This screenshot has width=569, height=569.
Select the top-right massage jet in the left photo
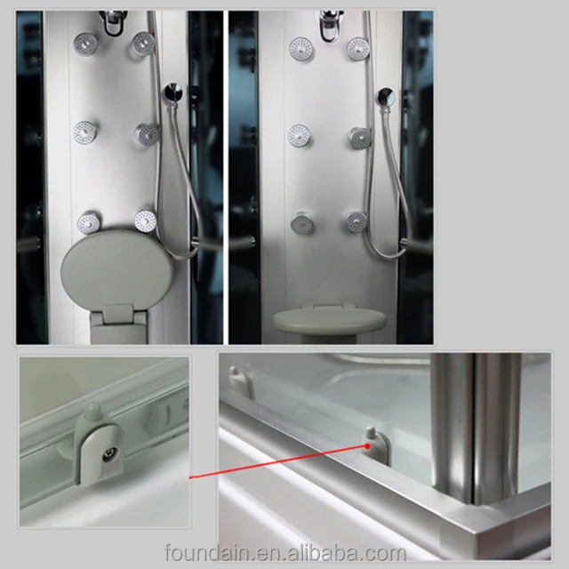(x=142, y=42)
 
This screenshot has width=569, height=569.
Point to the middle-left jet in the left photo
(x=85, y=132)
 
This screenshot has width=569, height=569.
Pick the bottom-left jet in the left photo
(x=88, y=222)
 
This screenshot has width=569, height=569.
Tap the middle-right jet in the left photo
(x=147, y=133)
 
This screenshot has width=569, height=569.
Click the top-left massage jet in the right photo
(x=301, y=48)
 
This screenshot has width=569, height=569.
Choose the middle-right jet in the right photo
(x=359, y=138)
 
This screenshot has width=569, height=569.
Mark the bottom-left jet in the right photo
(x=301, y=223)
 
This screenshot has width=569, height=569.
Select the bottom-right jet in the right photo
(x=357, y=222)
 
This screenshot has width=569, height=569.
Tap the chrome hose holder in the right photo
(x=385, y=96)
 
